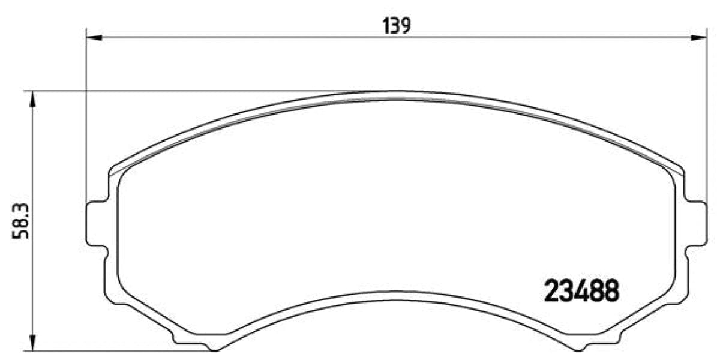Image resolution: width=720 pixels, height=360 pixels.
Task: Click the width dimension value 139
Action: point(396,25)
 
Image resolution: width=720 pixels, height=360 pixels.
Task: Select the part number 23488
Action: point(581,292)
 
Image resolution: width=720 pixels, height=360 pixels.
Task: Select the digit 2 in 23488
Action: point(551,292)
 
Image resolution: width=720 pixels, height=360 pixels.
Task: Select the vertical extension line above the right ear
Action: point(707,120)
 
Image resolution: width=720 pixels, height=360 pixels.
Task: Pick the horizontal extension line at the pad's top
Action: point(180,92)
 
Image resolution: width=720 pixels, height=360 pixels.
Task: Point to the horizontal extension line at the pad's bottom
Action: point(120,350)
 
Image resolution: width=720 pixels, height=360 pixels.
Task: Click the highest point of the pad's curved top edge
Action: point(396,92)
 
